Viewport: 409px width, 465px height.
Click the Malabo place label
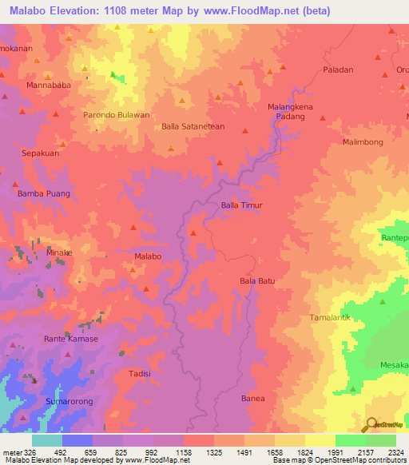(x=149, y=256)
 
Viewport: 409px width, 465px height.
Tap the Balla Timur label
(x=241, y=205)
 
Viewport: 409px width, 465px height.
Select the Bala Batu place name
(x=257, y=280)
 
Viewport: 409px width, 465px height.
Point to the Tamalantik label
(x=330, y=317)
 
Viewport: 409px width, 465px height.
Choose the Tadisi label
(x=140, y=373)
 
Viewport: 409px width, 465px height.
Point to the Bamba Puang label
(x=44, y=193)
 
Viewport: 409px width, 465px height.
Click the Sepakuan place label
(x=40, y=152)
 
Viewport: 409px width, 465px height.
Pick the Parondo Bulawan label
(x=117, y=115)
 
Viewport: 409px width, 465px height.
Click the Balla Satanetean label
(x=193, y=126)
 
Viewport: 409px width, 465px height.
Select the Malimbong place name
(x=363, y=141)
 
